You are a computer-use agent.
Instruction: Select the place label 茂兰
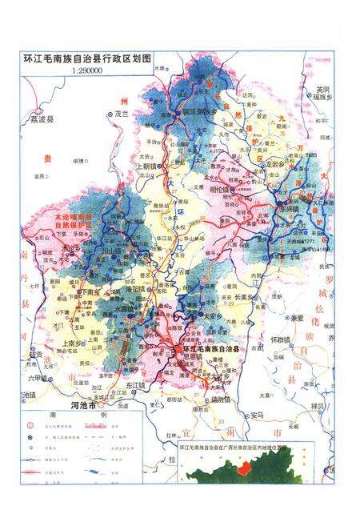(122, 114)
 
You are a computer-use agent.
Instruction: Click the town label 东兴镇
(287, 209)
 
